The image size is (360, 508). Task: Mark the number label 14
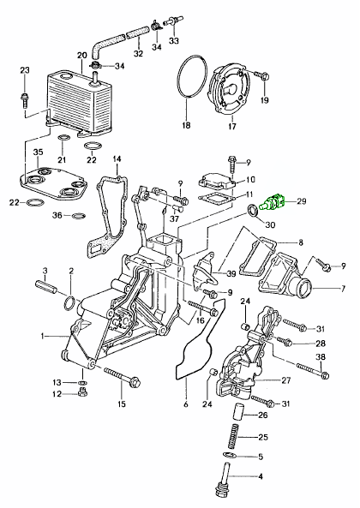click(x=117, y=159)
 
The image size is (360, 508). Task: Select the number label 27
click(x=286, y=380)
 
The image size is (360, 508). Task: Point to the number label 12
click(x=57, y=394)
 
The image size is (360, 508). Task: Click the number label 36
click(x=56, y=216)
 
